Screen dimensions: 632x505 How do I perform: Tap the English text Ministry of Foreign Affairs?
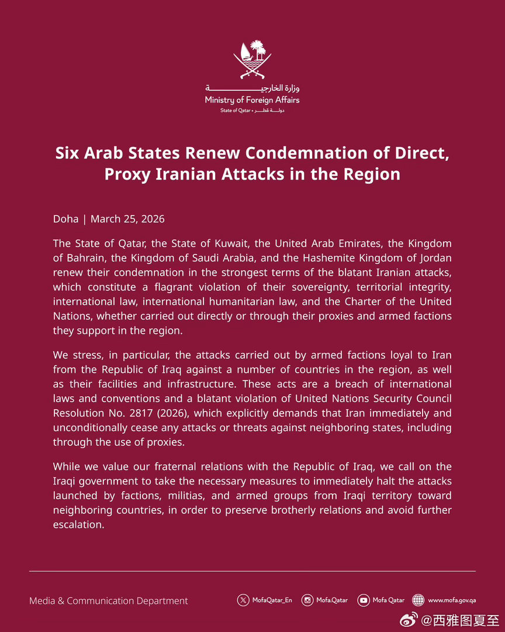click(x=252, y=100)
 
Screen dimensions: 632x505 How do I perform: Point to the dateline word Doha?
click(x=65, y=219)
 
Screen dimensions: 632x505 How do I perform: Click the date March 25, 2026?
click(x=127, y=219)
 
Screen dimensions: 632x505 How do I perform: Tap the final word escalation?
click(x=78, y=525)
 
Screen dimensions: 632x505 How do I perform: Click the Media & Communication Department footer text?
click(x=109, y=601)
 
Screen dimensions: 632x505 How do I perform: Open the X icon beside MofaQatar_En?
click(x=243, y=600)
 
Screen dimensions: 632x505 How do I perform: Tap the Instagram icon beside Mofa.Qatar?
click(x=307, y=600)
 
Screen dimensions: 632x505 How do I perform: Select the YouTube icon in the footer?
click(x=364, y=600)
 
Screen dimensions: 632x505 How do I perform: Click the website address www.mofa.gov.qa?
click(x=452, y=600)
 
